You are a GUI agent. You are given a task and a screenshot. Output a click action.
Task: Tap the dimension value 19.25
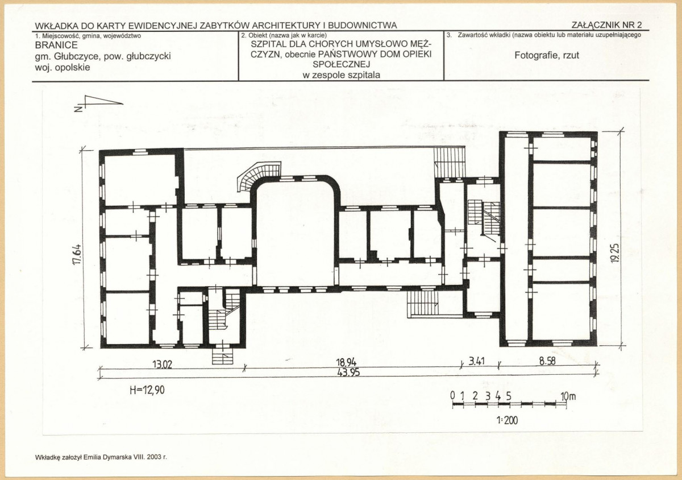[615, 253]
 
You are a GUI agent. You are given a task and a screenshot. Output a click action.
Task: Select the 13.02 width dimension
[163, 364]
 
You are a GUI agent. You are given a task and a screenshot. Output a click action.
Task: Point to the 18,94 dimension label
[346, 362]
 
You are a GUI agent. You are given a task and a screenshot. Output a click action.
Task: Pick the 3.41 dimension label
[476, 361]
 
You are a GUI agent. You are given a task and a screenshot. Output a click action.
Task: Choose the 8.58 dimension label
[547, 361]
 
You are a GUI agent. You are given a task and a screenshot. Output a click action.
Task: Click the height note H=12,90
[147, 390]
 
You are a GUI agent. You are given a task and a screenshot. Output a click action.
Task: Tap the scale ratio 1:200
[507, 420]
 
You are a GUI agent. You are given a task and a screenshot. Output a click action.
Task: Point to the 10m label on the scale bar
[568, 396]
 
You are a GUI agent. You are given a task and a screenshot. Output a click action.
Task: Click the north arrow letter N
[78, 109]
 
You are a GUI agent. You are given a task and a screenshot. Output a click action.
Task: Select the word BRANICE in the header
[56, 45]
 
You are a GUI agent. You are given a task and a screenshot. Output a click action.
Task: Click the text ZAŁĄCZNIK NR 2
[606, 24]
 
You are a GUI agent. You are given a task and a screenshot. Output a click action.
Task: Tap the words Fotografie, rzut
[547, 55]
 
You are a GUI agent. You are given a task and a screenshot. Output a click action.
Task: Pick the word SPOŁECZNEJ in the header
[342, 64]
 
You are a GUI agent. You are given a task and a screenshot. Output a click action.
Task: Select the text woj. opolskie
[63, 67]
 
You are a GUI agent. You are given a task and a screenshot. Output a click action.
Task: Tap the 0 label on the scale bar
[452, 396]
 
